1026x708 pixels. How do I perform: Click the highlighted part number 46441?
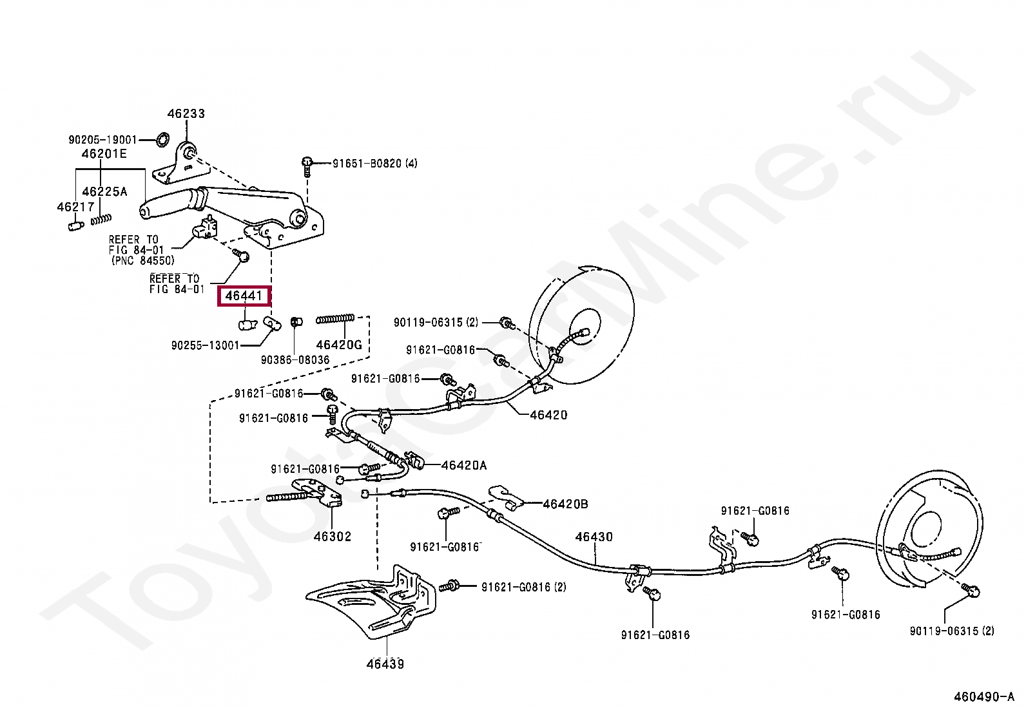[244, 296]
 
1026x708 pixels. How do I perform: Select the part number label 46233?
[186, 113]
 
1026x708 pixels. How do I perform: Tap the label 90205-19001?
[103, 140]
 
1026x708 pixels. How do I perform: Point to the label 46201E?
[104, 154]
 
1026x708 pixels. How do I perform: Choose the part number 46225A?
[104, 191]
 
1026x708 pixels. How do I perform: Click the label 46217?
[75, 207]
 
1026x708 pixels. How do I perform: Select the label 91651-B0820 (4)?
[374, 164]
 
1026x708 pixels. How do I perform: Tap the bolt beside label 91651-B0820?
[307, 167]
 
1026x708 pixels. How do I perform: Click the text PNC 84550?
[143, 261]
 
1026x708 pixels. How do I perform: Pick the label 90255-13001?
[205, 345]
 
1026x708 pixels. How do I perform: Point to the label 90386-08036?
[295, 360]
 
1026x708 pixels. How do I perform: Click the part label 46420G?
[339, 345]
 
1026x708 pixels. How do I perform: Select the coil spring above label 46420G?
[335, 319]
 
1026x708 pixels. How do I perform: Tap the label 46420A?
[463, 465]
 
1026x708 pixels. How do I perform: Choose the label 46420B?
[565, 504]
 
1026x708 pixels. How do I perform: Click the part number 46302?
[333, 536]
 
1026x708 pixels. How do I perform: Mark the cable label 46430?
[594, 537]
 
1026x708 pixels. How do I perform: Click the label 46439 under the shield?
[385, 664]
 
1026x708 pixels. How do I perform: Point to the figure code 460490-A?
[984, 697]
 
